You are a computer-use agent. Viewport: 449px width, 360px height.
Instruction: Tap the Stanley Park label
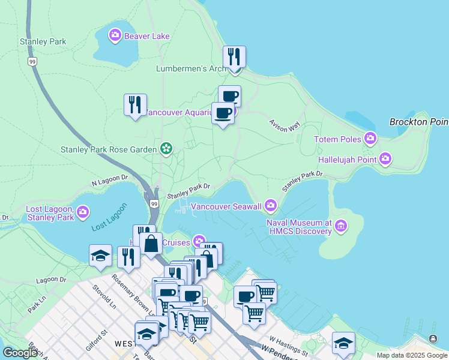[x=43, y=42]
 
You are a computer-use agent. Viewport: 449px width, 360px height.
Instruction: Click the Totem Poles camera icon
[x=370, y=139]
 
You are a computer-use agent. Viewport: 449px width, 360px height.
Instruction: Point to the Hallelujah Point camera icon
[x=385, y=159]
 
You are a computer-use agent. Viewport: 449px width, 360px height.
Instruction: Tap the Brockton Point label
[x=418, y=122]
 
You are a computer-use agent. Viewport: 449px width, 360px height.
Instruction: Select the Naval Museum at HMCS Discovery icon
[x=341, y=226]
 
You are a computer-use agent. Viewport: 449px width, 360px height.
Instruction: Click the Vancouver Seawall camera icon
[x=271, y=206]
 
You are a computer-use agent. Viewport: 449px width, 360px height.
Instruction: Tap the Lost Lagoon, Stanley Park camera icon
[x=83, y=212]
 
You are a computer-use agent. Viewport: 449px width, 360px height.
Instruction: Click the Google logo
[x=20, y=353]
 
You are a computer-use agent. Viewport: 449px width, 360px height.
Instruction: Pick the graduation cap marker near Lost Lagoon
[x=100, y=255]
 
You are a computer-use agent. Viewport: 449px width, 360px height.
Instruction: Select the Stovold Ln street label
[x=104, y=299]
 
